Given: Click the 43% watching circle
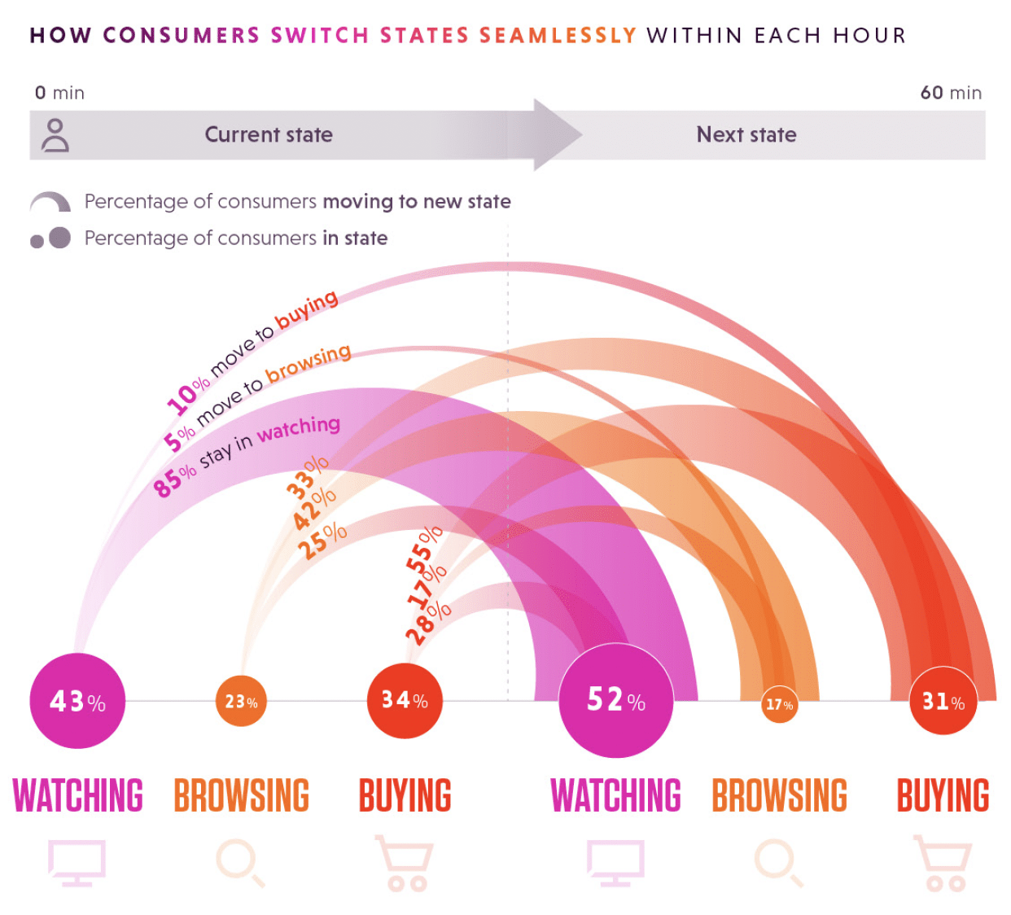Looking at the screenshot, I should (77, 701).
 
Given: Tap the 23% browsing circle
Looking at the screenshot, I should (241, 701).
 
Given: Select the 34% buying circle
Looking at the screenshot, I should (405, 700).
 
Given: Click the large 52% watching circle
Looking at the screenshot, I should (616, 700).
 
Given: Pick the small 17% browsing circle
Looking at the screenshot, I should (779, 704).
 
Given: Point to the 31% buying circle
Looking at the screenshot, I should (943, 701).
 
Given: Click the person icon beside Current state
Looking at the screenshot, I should (55, 135).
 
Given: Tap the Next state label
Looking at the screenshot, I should (746, 134).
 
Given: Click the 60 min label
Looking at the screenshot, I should (950, 93).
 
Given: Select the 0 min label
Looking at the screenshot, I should (59, 93).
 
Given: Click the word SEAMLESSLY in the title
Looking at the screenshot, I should (558, 36).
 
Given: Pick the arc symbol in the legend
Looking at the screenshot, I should (50, 201).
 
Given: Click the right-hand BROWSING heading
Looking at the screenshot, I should (779, 796).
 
